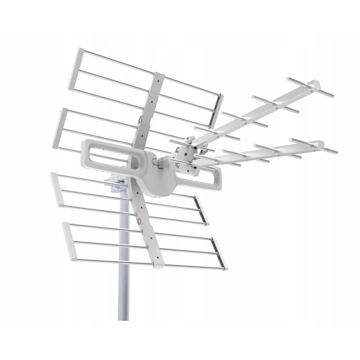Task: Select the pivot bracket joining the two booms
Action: click(185, 151)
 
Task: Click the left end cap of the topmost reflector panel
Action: click(75, 68)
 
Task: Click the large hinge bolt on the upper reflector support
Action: click(140, 120)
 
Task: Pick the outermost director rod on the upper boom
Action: click(309, 87)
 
